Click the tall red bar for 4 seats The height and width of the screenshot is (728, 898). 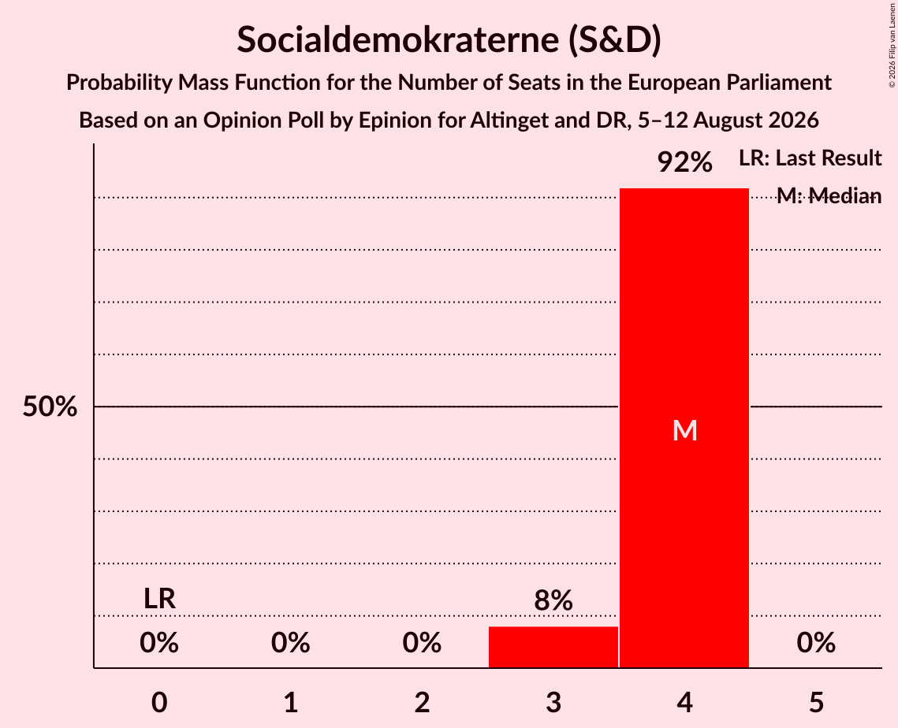(x=684, y=428)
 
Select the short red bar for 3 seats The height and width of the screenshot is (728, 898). (x=553, y=647)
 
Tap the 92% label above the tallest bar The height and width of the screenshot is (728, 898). (x=684, y=162)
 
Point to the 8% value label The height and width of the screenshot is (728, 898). (x=553, y=600)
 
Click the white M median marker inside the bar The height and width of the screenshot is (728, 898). (x=684, y=430)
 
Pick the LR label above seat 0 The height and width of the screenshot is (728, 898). (x=159, y=599)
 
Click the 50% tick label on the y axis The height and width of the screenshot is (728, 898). (x=50, y=407)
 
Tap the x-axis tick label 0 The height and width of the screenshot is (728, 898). (x=159, y=702)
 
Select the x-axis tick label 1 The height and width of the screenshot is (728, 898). (x=291, y=702)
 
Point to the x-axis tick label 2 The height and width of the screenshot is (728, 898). (x=422, y=702)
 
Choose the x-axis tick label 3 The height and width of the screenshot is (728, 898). (x=553, y=702)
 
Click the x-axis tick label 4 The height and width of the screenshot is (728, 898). (x=685, y=702)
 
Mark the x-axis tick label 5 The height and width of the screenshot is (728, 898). (x=816, y=702)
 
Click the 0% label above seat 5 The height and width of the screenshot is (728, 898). (x=816, y=643)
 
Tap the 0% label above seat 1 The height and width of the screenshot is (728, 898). (x=291, y=643)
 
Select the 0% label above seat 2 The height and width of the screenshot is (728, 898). (x=422, y=643)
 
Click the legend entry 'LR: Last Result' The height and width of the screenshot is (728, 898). (x=810, y=158)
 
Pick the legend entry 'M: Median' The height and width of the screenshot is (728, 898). (x=829, y=196)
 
